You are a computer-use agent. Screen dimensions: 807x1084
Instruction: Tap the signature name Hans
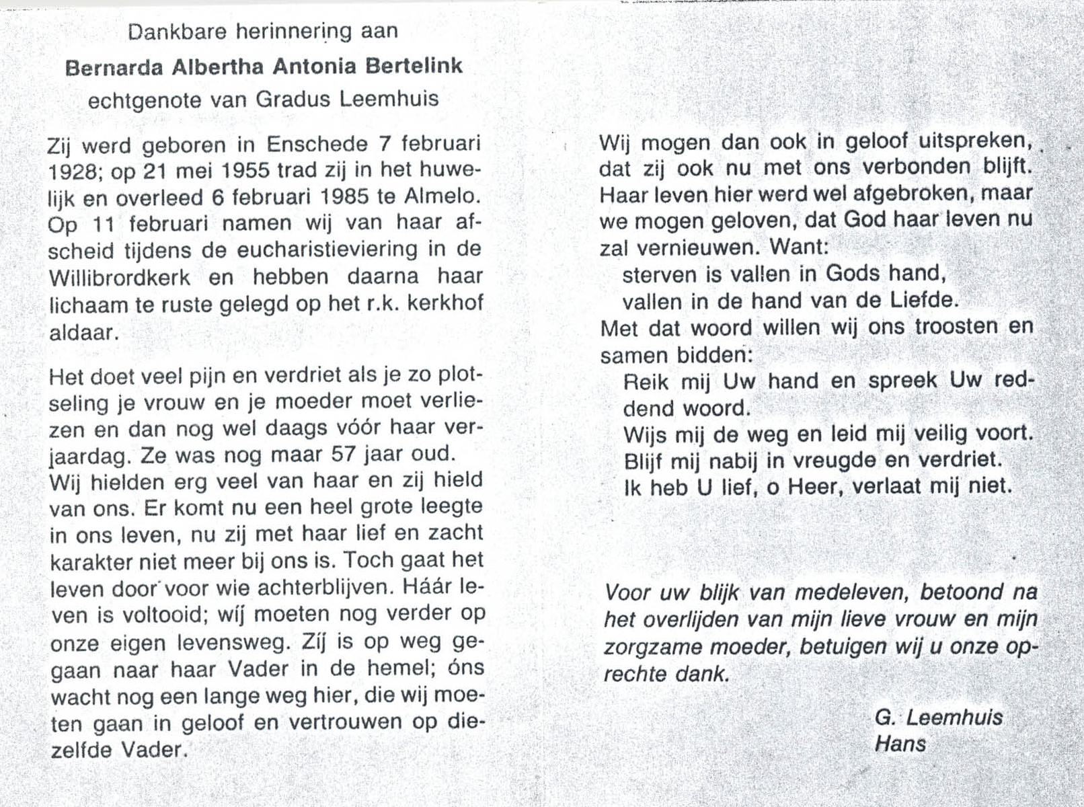click(900, 744)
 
